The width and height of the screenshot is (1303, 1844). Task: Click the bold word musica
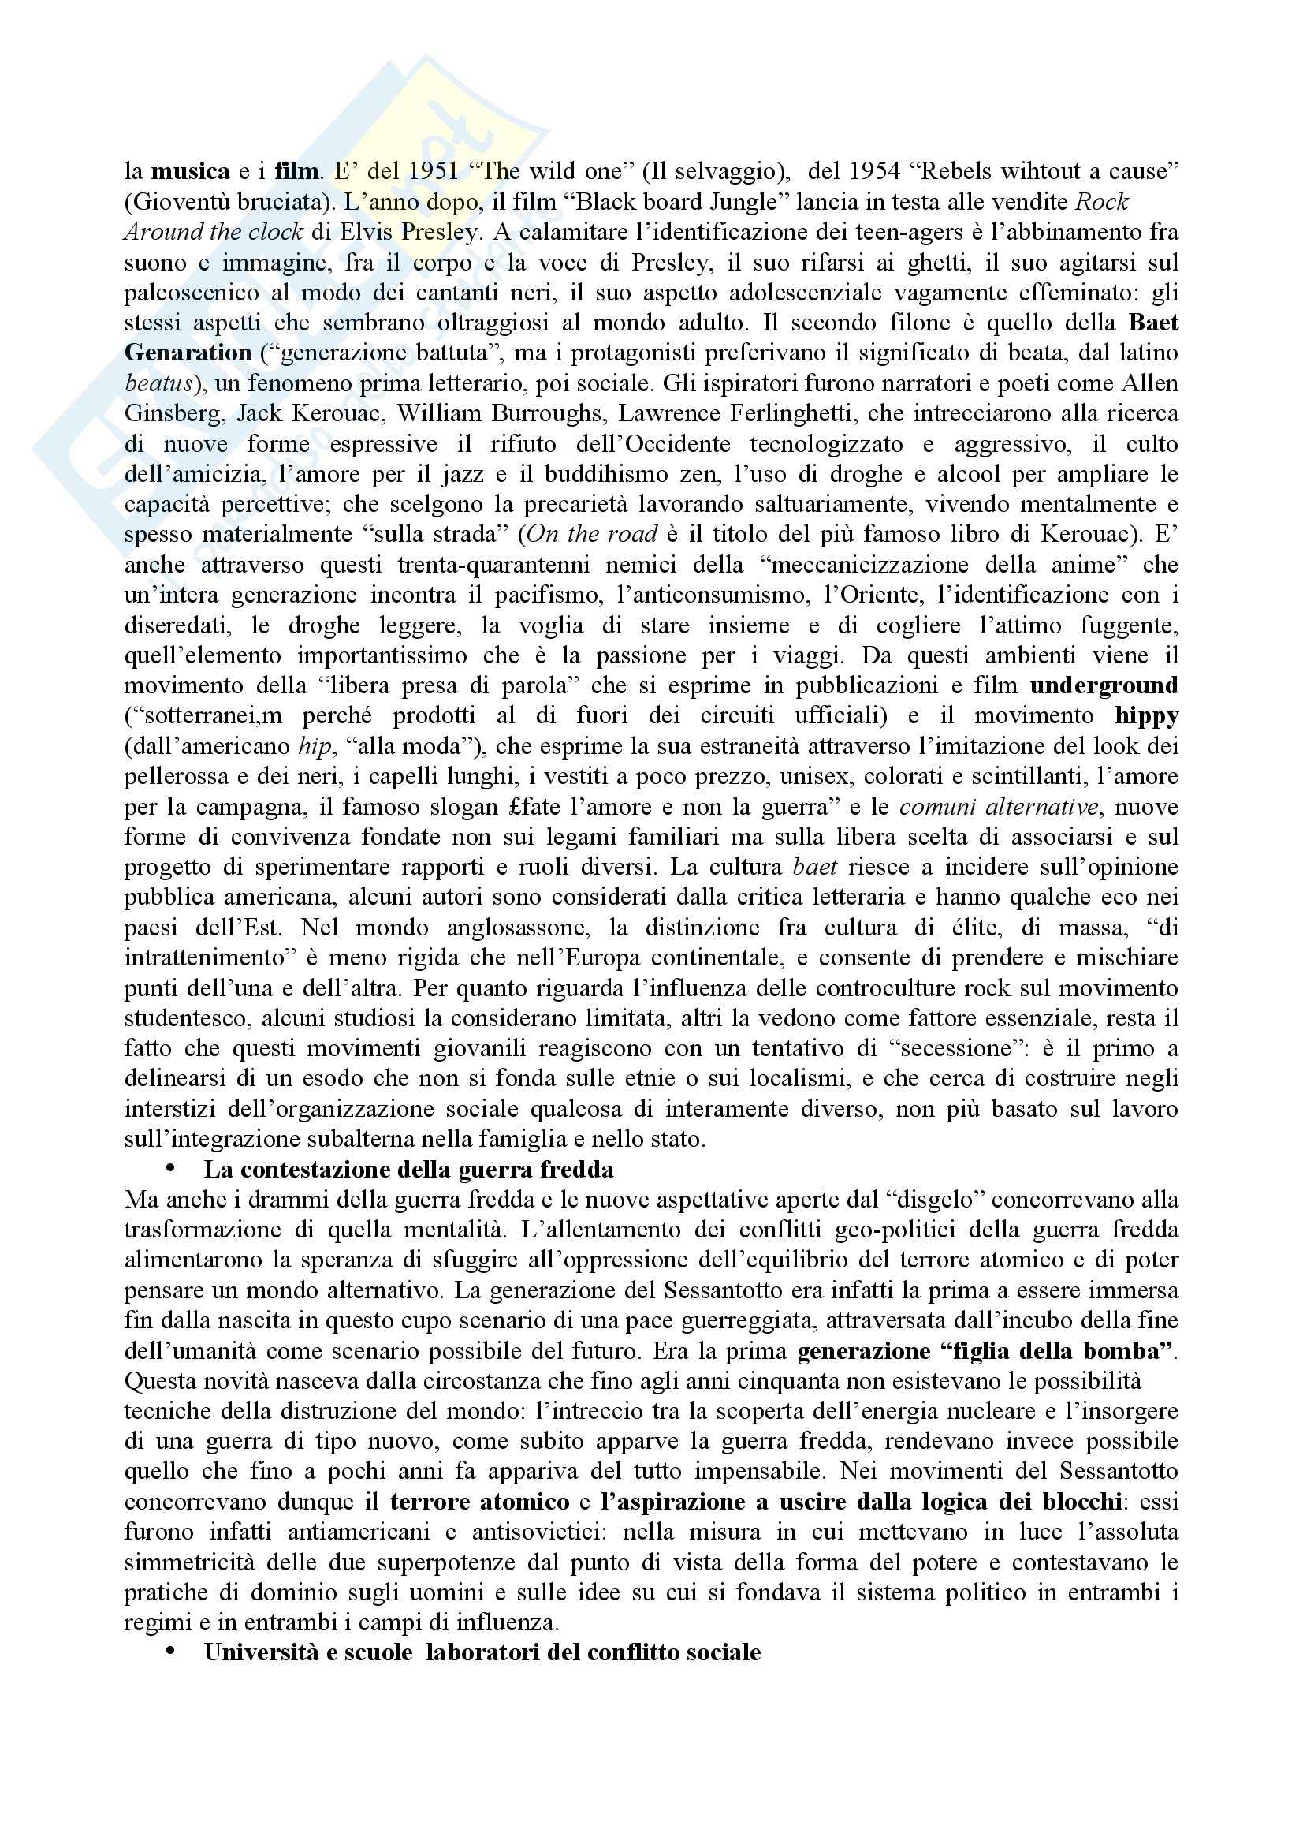pyautogui.click(x=190, y=171)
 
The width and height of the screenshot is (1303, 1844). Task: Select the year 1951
pyautogui.click(x=433, y=171)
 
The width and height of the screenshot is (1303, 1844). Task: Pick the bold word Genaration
pyautogui.click(x=188, y=353)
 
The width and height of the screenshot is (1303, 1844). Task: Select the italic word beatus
pyautogui.click(x=158, y=384)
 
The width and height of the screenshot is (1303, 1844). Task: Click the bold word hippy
pyautogui.click(x=1146, y=716)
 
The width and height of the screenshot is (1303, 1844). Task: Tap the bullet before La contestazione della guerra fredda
pyautogui.click(x=169, y=1170)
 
